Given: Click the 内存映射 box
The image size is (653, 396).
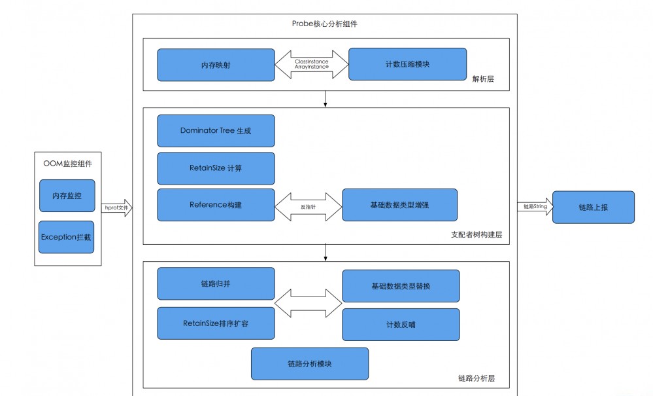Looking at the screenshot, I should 216,65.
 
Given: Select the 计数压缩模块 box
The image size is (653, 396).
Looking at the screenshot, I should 407,65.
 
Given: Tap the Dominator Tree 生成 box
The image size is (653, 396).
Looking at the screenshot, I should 216,130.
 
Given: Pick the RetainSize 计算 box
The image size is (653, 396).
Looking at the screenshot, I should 216,168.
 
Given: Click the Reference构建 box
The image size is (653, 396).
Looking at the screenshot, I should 216,205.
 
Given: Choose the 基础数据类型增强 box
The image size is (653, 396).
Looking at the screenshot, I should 399,205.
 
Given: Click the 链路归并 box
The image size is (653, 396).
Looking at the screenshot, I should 216,283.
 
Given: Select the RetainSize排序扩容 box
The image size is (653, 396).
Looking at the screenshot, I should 216,323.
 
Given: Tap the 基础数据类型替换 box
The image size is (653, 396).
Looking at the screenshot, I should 401,286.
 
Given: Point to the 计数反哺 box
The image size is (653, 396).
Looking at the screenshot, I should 401,325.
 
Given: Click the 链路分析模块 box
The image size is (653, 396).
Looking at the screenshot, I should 309,363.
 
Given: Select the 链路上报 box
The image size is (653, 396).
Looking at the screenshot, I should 593,207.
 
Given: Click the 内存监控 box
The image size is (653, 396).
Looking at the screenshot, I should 67,196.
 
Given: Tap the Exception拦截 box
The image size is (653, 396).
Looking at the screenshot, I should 67,236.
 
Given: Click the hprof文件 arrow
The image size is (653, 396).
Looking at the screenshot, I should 116,208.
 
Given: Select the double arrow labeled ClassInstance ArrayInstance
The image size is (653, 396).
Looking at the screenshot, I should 311,64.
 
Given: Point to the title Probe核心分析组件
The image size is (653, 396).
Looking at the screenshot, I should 324,24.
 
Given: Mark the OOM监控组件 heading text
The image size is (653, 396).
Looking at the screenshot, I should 67,164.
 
